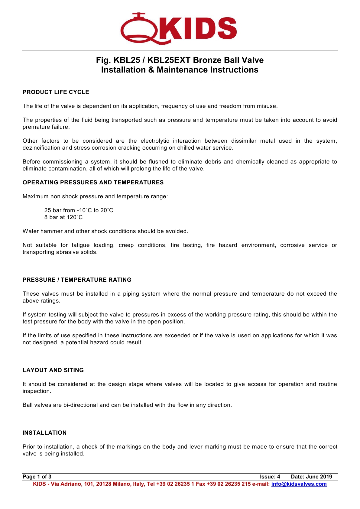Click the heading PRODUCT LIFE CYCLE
[56, 92]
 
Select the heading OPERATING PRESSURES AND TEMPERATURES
[93, 183]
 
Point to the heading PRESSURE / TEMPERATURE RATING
[77, 280]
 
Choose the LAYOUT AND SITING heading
[53, 370]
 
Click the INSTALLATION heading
[45, 433]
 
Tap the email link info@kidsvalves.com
[299, 484]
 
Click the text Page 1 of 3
[37, 477]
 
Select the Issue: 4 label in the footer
[270, 477]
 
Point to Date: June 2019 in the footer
[311, 477]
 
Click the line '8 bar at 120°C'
[63, 217]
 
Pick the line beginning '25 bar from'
[79, 210]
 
